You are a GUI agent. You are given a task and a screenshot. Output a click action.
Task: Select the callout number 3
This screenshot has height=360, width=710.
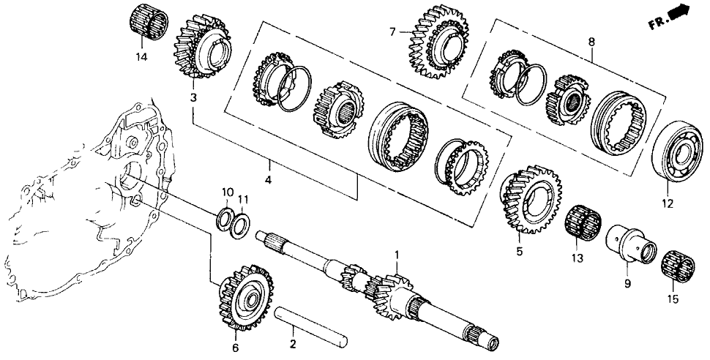coord(193,97)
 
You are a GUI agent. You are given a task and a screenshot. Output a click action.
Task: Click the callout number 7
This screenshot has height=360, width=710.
coord(392,32)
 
